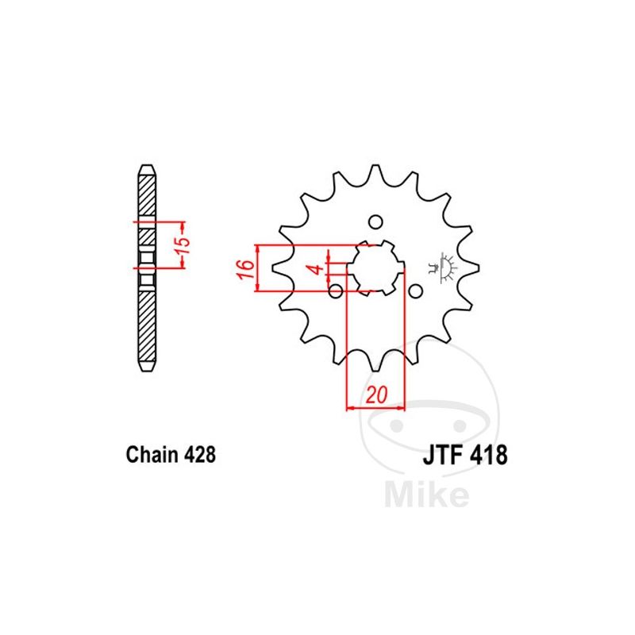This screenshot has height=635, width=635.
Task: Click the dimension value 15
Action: coord(183,244)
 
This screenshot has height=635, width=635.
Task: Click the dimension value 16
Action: coord(246,268)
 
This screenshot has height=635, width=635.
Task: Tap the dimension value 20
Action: coord(376,394)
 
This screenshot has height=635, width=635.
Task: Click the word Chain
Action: coord(152,454)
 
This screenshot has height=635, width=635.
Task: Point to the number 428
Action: coord(200,454)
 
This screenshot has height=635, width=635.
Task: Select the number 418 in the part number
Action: coord(489,455)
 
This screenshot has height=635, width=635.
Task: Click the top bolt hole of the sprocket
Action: coord(375,221)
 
